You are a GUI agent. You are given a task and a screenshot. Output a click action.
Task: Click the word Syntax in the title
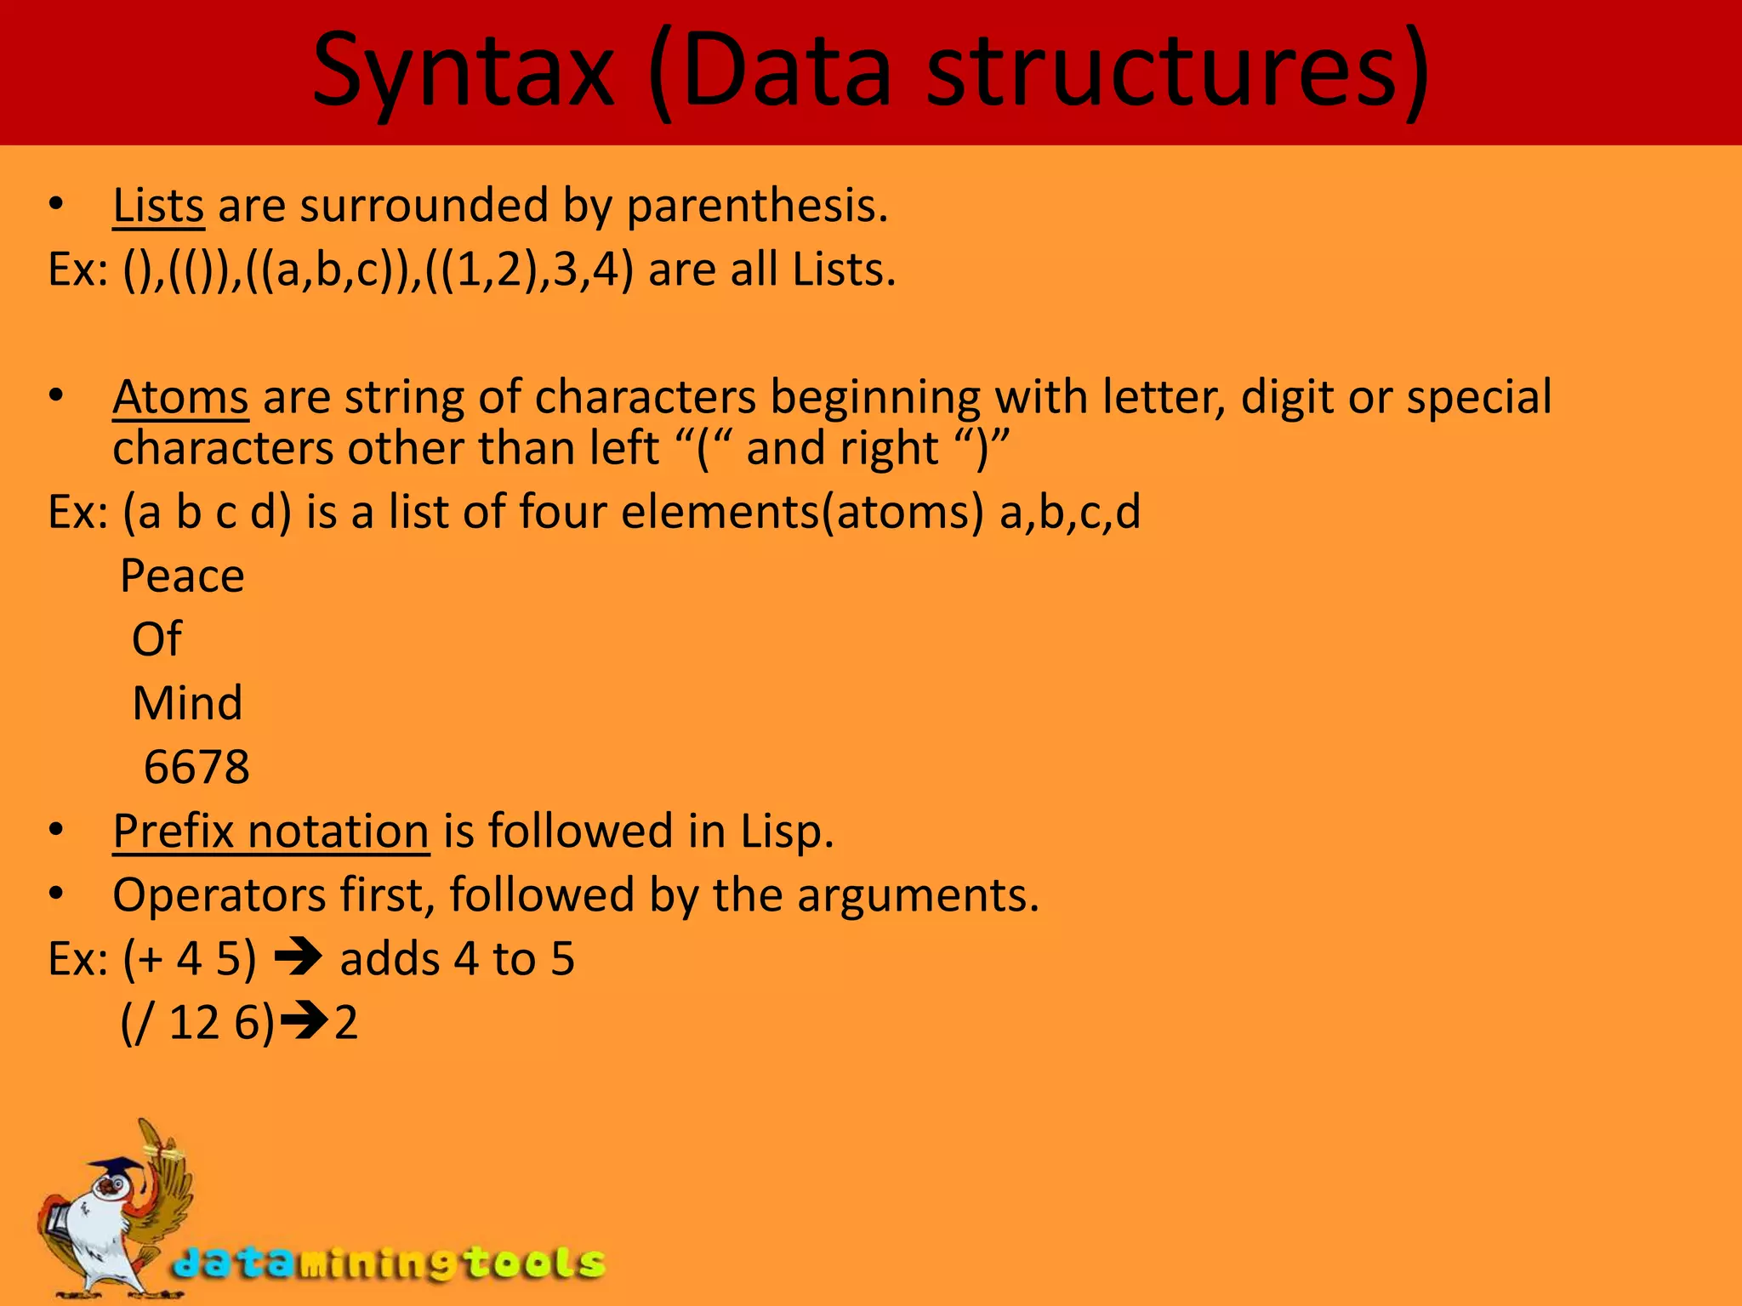point(464,72)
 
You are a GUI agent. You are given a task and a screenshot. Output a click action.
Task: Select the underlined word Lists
point(158,207)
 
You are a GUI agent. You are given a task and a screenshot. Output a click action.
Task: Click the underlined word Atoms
point(180,397)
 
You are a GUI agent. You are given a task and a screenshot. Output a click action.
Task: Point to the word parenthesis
point(757,207)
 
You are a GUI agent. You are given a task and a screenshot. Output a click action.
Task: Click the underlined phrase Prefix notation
point(270,831)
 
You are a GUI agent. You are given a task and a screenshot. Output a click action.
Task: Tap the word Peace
point(182,576)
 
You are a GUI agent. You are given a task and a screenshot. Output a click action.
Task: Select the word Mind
point(187,703)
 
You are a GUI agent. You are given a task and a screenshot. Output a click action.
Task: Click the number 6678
point(196,767)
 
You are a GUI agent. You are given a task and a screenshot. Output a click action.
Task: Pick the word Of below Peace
point(157,639)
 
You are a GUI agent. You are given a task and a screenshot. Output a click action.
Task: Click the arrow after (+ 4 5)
point(298,958)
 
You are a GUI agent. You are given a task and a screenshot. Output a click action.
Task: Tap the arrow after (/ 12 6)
point(305,1022)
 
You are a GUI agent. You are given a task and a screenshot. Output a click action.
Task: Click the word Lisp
point(786,831)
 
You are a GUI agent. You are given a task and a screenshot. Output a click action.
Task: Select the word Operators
point(219,895)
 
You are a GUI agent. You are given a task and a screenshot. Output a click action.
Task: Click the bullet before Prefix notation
point(56,831)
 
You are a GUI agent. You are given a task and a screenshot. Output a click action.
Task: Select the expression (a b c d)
point(207,513)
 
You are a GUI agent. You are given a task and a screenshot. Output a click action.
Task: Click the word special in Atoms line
point(1478,397)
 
